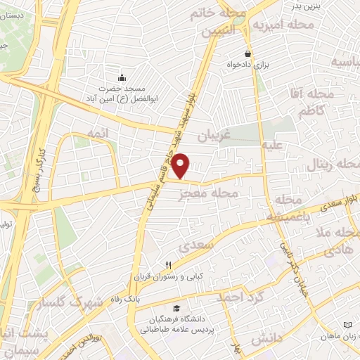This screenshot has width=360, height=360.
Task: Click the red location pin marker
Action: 181,165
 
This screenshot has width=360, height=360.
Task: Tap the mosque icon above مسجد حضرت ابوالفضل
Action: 123,77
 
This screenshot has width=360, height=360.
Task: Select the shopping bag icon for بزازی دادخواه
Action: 247,53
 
